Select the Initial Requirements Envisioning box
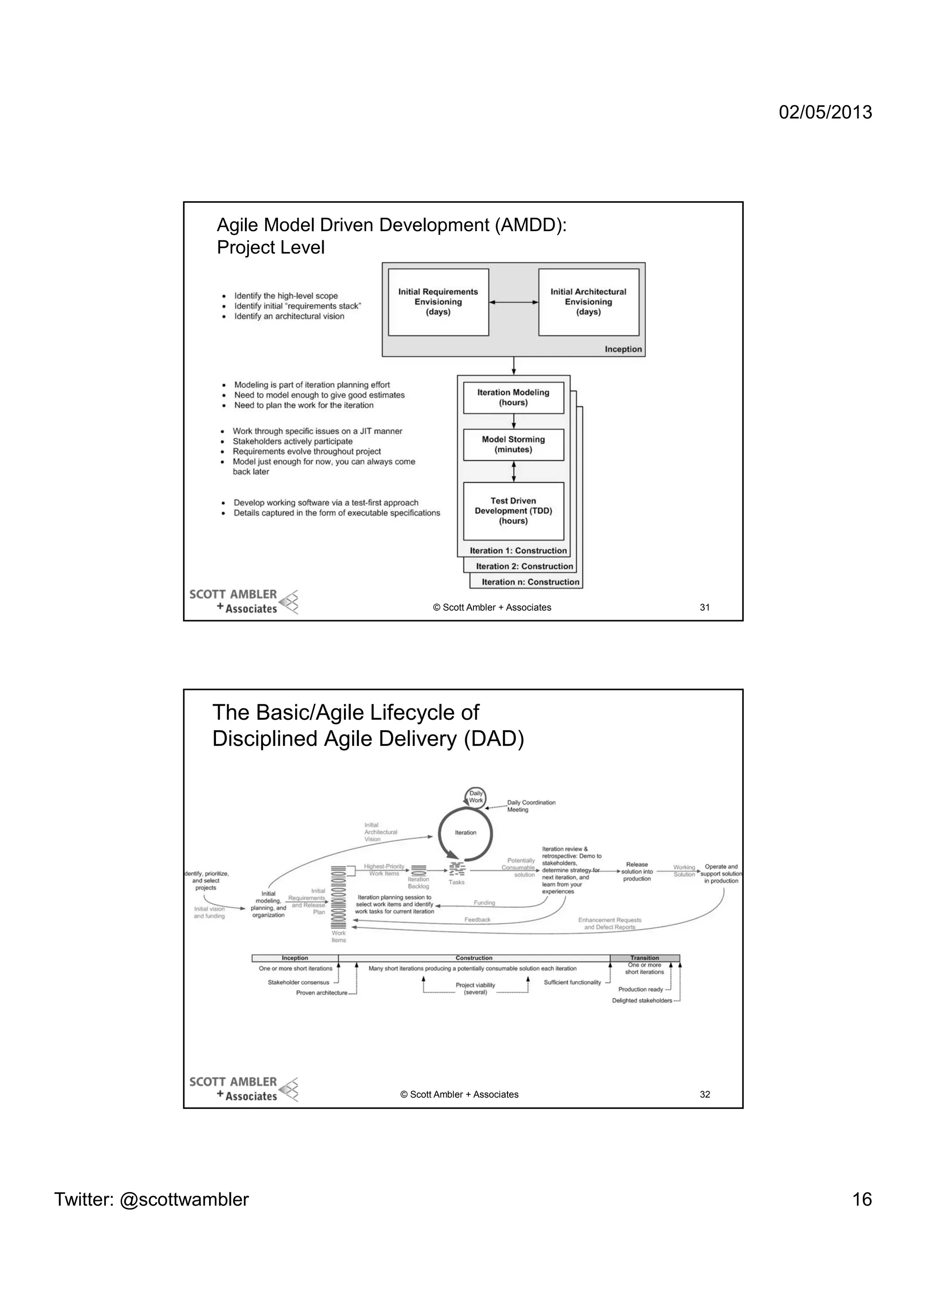pos(438,302)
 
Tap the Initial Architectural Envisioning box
pos(588,302)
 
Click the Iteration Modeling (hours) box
pos(513,397)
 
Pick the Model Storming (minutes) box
pos(513,445)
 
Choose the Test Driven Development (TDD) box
pos(513,511)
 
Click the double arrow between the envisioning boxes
pos(513,303)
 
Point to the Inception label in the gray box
pos(623,349)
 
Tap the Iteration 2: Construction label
pos(524,566)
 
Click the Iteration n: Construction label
pos(530,582)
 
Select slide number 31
pos(705,608)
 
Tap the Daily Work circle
pos(476,797)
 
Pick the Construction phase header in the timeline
pos(473,958)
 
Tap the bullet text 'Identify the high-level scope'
pos(286,296)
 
